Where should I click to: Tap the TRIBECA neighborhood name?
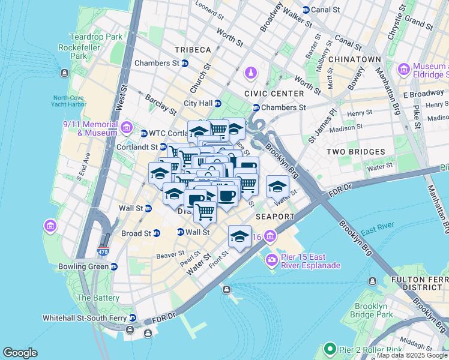193,49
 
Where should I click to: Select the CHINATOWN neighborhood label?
354,59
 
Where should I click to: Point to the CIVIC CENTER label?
274,94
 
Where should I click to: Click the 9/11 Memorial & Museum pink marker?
126,127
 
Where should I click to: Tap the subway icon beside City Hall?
218,103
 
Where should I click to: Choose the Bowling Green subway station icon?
114,266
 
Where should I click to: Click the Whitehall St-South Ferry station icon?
133,318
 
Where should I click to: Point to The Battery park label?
98,298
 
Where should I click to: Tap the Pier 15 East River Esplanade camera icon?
271,259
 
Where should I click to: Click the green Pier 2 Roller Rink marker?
329,349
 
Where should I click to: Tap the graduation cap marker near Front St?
240,236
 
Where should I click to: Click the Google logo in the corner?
20,353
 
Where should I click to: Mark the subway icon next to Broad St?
157,233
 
